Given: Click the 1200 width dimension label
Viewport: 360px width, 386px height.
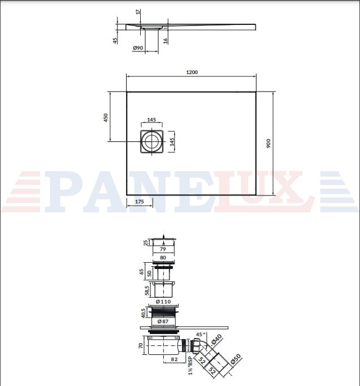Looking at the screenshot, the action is pyautogui.click(x=192, y=72).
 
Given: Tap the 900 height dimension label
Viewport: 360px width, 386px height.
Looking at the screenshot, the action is pyautogui.click(x=268, y=144).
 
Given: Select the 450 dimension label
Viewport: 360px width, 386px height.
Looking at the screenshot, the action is pyautogui.click(x=106, y=118).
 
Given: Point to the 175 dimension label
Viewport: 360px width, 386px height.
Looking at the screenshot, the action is pyautogui.click(x=140, y=202).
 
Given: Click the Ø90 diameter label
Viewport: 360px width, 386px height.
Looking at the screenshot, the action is pyautogui.click(x=138, y=48).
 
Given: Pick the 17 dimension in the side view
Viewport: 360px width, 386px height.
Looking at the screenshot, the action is pyautogui.click(x=138, y=11).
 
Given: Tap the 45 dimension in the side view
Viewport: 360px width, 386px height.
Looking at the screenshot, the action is pyautogui.click(x=115, y=41).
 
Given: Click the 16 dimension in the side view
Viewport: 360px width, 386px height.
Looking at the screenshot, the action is pyautogui.click(x=166, y=41).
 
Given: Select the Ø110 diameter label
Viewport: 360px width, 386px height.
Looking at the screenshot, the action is pyautogui.click(x=163, y=302).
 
